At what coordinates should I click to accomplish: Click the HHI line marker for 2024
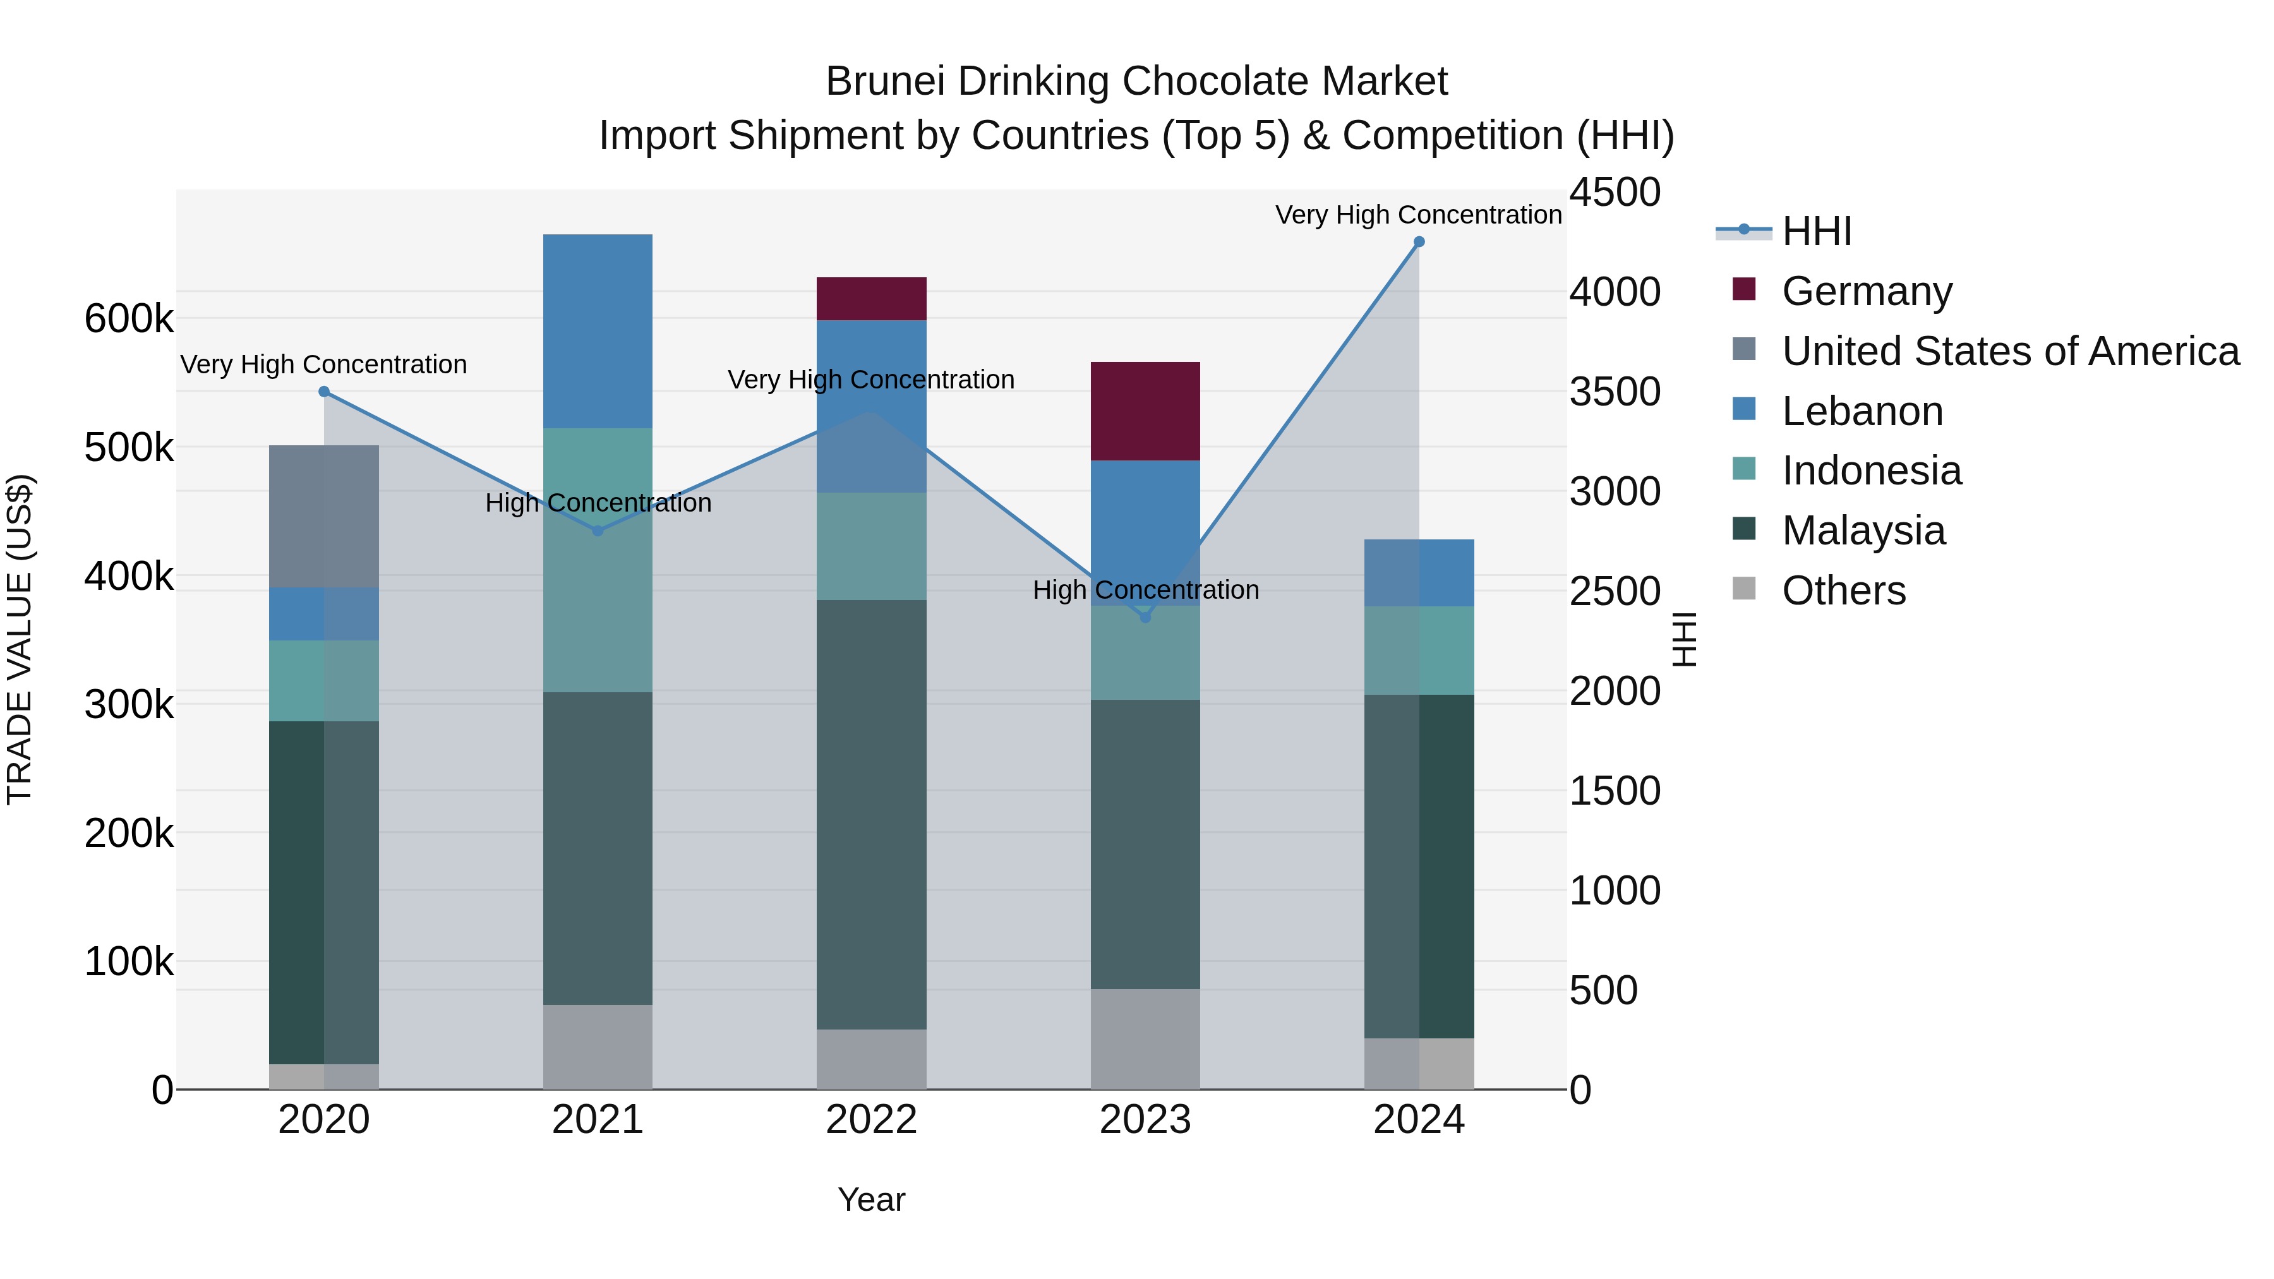(1419, 242)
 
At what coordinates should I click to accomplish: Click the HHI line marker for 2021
(598, 531)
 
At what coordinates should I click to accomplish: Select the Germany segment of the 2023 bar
(1145, 411)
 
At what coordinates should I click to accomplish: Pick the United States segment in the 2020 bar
(324, 517)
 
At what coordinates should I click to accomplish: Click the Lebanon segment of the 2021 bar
(598, 331)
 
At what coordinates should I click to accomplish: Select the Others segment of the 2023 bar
(1145, 1039)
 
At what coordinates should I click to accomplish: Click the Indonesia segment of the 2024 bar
(1419, 651)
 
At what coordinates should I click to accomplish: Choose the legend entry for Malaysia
(1863, 531)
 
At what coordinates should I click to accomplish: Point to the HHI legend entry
(1816, 231)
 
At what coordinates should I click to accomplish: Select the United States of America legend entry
(2010, 351)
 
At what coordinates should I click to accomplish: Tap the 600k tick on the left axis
(129, 319)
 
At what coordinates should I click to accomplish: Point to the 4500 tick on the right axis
(1615, 193)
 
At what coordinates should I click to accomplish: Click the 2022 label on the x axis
(871, 1120)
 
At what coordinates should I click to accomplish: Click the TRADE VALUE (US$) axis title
(20, 639)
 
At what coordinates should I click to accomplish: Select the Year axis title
(871, 1199)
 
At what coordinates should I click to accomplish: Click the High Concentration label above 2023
(1145, 590)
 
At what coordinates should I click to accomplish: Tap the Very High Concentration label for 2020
(324, 364)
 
